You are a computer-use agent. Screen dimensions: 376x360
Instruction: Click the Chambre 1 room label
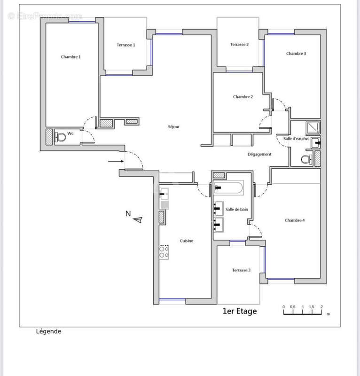click(71, 57)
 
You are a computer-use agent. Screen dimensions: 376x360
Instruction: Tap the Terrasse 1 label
click(126, 45)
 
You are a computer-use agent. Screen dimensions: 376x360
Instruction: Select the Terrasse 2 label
click(239, 45)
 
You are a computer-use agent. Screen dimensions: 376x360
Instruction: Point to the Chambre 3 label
click(296, 54)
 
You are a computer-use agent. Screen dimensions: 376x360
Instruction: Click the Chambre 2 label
click(243, 97)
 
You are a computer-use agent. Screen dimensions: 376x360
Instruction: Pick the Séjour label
click(174, 127)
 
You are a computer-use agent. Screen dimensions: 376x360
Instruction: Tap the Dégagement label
click(259, 154)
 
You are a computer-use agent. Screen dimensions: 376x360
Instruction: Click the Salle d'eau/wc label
click(297, 139)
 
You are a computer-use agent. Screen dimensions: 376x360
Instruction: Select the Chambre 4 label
click(295, 220)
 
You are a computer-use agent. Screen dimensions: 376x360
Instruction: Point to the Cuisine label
click(187, 241)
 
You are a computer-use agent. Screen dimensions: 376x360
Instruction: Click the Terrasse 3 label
click(241, 270)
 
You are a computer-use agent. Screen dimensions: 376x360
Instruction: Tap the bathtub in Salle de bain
click(228, 188)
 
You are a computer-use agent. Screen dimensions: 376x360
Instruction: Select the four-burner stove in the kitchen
click(164, 251)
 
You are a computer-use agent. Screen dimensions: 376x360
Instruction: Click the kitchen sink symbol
click(164, 192)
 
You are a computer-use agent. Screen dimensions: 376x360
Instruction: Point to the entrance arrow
click(115, 162)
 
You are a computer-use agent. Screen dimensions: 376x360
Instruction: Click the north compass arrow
click(137, 219)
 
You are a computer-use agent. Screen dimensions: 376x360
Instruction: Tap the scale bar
click(302, 311)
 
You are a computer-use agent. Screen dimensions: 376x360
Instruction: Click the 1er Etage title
click(240, 311)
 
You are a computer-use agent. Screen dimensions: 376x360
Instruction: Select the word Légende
click(48, 331)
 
